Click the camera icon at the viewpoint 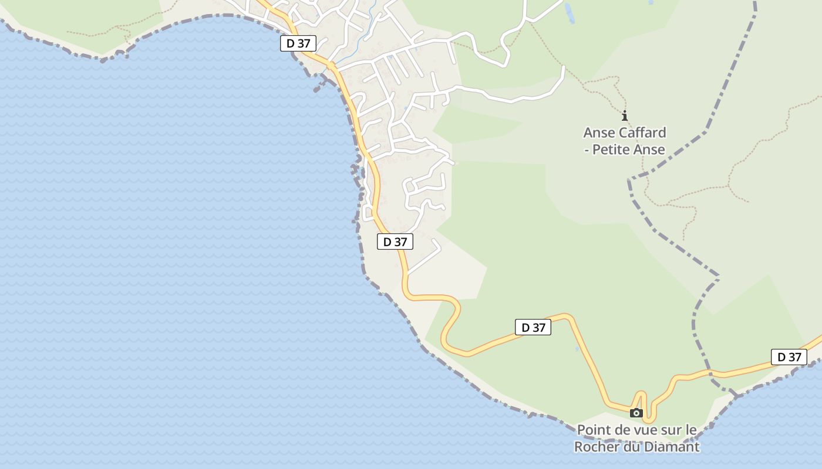point(636,413)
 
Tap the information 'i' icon point(625,115)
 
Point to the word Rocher point(597,447)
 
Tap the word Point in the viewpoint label point(595,430)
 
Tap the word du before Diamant point(631,447)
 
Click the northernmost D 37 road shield point(298,43)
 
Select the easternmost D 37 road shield point(789,357)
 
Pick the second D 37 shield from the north point(395,242)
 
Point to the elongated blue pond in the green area point(568,13)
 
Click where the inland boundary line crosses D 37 point(709,373)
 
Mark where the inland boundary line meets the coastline point(736,395)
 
